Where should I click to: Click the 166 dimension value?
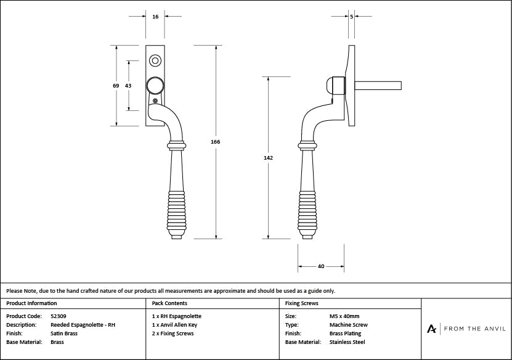tap(215, 142)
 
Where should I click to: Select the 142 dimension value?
tap(268, 158)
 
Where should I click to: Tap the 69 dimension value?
tap(116, 86)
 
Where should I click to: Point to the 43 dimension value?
tap(128, 86)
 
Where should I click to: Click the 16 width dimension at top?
tap(155, 17)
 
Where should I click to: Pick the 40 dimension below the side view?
tap(321, 266)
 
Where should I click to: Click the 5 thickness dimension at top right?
tap(351, 17)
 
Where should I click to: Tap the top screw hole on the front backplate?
tap(155, 60)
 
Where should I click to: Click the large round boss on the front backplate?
tap(155, 85)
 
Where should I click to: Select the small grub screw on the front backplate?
tap(155, 101)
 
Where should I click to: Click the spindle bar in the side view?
tap(379, 85)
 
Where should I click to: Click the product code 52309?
tap(59, 316)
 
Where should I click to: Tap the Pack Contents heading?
tap(169, 303)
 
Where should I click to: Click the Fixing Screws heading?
tap(302, 303)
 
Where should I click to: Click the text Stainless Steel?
tap(347, 342)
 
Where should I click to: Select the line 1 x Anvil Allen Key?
tap(174, 325)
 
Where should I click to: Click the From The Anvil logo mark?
tap(433, 329)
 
